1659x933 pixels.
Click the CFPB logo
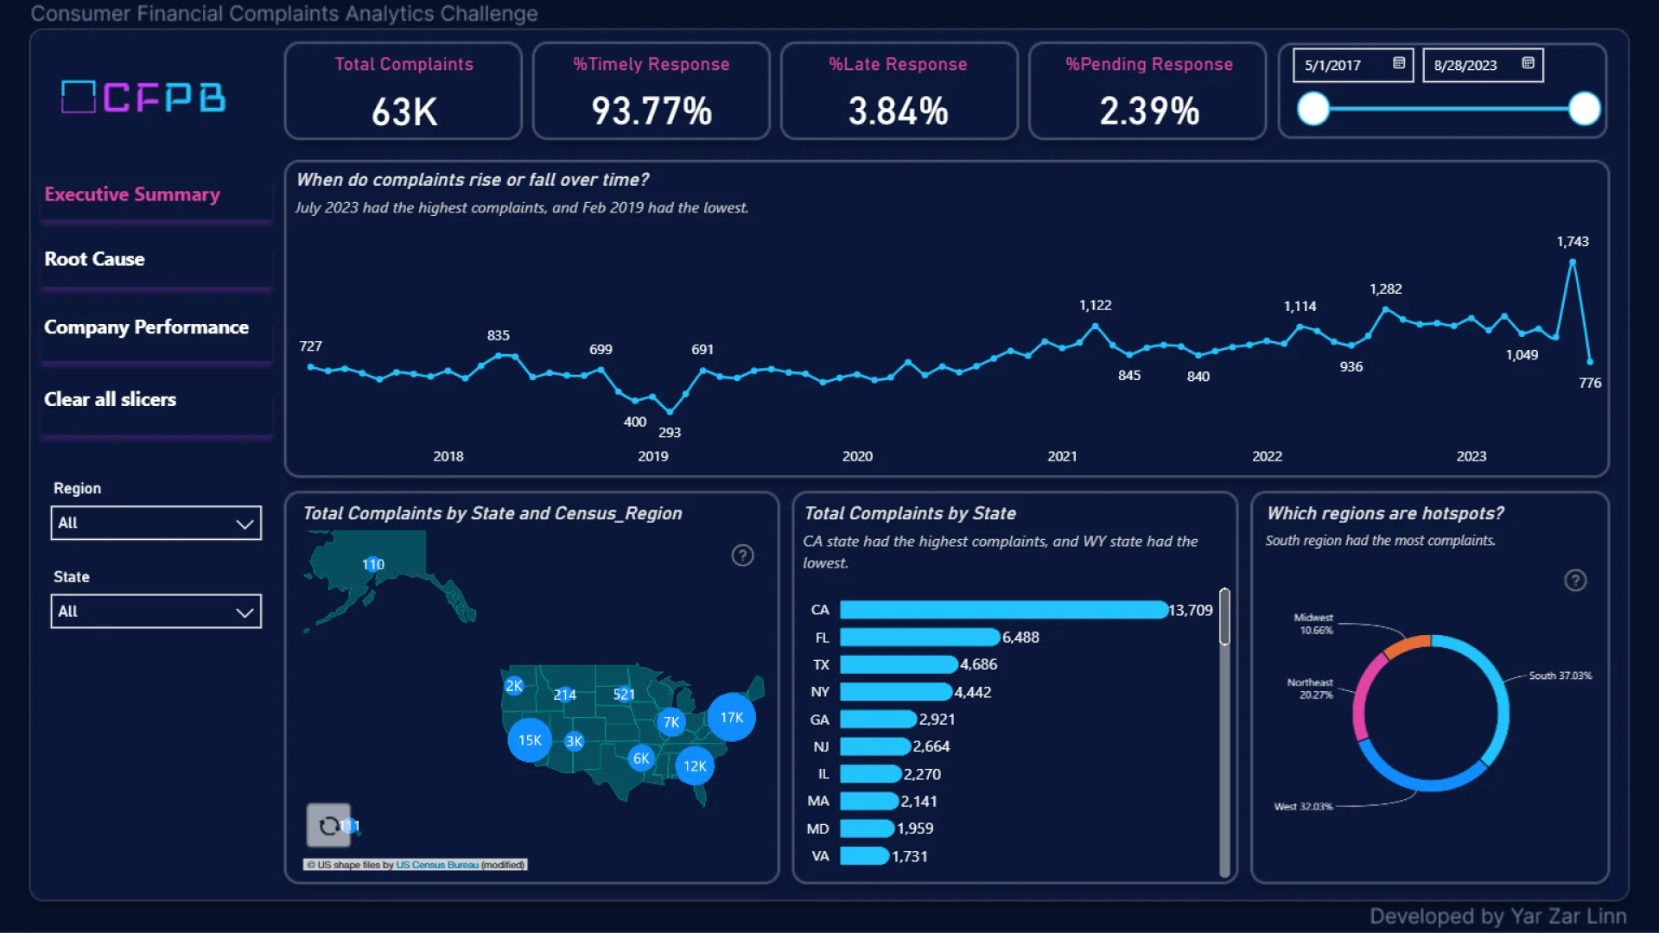pos(143,97)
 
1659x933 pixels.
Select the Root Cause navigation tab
pos(94,259)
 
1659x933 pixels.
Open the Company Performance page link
pos(146,327)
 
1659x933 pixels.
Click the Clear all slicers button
pos(110,399)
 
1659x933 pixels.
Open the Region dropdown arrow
pos(245,524)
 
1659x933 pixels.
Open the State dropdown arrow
pos(245,612)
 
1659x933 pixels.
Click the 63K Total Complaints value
pos(404,111)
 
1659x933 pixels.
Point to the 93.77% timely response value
pos(652,111)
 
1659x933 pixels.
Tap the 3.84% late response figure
pos(898,111)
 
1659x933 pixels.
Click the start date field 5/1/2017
pos(1333,66)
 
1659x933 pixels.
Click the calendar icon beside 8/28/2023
pos(1528,63)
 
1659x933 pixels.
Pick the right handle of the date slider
pos(1584,110)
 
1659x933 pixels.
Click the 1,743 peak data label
pos(1572,242)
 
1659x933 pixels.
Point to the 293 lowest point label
pos(670,433)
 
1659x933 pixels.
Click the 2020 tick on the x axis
pos(857,456)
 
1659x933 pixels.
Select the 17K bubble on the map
pos(731,717)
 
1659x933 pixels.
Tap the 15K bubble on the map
pos(530,740)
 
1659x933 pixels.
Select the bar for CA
pos(1002,610)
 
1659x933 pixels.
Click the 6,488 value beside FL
pos(1020,638)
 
